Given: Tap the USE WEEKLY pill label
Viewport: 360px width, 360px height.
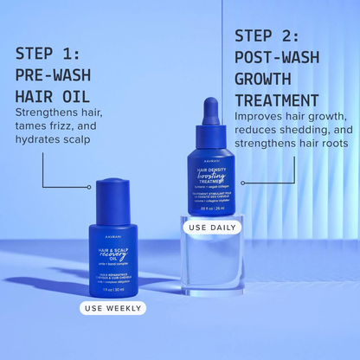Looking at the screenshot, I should point(112,307).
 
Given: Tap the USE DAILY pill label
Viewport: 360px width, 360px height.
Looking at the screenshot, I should point(212,228).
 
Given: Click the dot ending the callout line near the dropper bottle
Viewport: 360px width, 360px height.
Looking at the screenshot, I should point(243,183).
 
